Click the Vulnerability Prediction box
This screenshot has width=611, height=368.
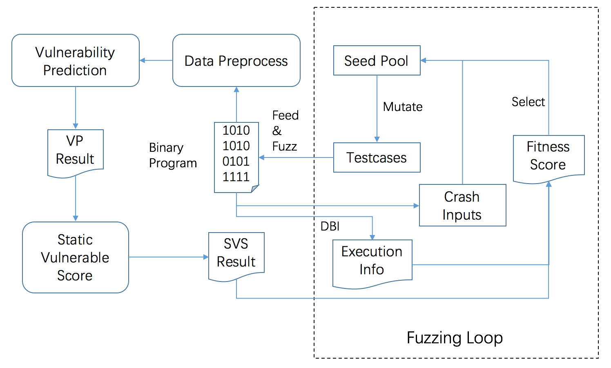coord(76,60)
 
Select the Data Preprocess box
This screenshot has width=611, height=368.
coord(236,60)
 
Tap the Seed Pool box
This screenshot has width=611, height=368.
coord(377,60)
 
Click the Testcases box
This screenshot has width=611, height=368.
coord(377,157)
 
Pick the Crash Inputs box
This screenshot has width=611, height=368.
coord(462,205)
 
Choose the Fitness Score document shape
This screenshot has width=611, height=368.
coord(549,156)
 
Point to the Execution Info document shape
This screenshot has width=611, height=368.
coord(372,261)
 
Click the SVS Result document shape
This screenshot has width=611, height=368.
coord(236,253)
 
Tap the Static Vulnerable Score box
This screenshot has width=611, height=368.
coord(76,257)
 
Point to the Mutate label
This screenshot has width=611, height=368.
coord(403,107)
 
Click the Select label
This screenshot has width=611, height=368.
coord(528,102)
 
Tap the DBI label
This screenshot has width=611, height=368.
coord(330,226)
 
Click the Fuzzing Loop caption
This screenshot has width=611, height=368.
coord(455,338)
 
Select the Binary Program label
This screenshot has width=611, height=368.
coord(173,155)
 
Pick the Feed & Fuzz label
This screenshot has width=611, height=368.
coord(285,131)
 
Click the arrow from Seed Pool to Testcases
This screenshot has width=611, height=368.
coord(377,109)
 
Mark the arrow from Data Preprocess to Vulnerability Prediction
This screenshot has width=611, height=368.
coord(156,60)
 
